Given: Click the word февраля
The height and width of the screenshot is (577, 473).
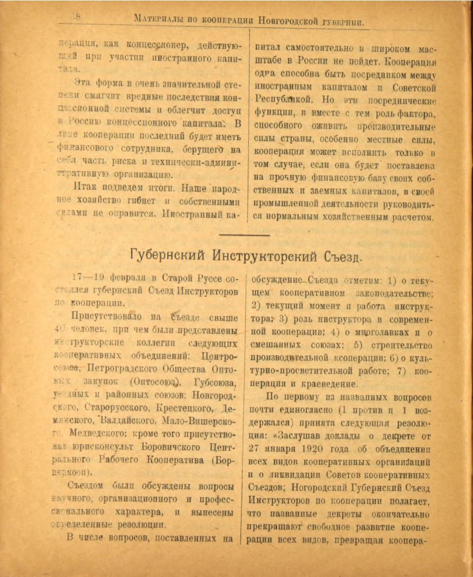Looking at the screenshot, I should point(126,278).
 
